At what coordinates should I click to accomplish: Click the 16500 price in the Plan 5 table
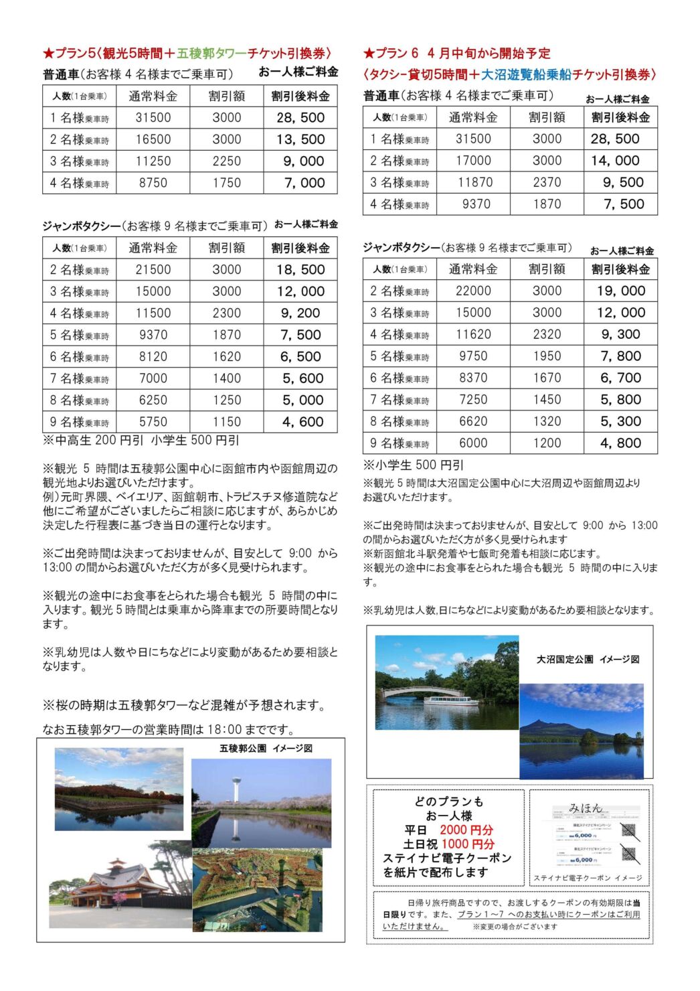click(153, 139)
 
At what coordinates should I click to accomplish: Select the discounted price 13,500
click(300, 139)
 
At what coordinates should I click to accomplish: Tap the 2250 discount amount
click(227, 161)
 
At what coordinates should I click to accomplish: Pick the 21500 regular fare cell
click(153, 270)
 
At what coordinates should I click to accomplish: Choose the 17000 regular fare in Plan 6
click(473, 161)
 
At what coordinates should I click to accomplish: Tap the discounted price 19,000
click(621, 291)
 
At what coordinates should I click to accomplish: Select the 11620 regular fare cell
click(473, 335)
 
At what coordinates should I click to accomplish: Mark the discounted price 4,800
click(621, 443)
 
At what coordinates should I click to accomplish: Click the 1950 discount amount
click(547, 356)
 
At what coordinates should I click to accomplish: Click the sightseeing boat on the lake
click(450, 700)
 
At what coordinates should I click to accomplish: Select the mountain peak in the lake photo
click(543, 723)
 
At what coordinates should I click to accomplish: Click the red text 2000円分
click(466, 830)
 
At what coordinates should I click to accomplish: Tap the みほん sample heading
click(585, 808)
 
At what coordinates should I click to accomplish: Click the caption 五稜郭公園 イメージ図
click(266, 749)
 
